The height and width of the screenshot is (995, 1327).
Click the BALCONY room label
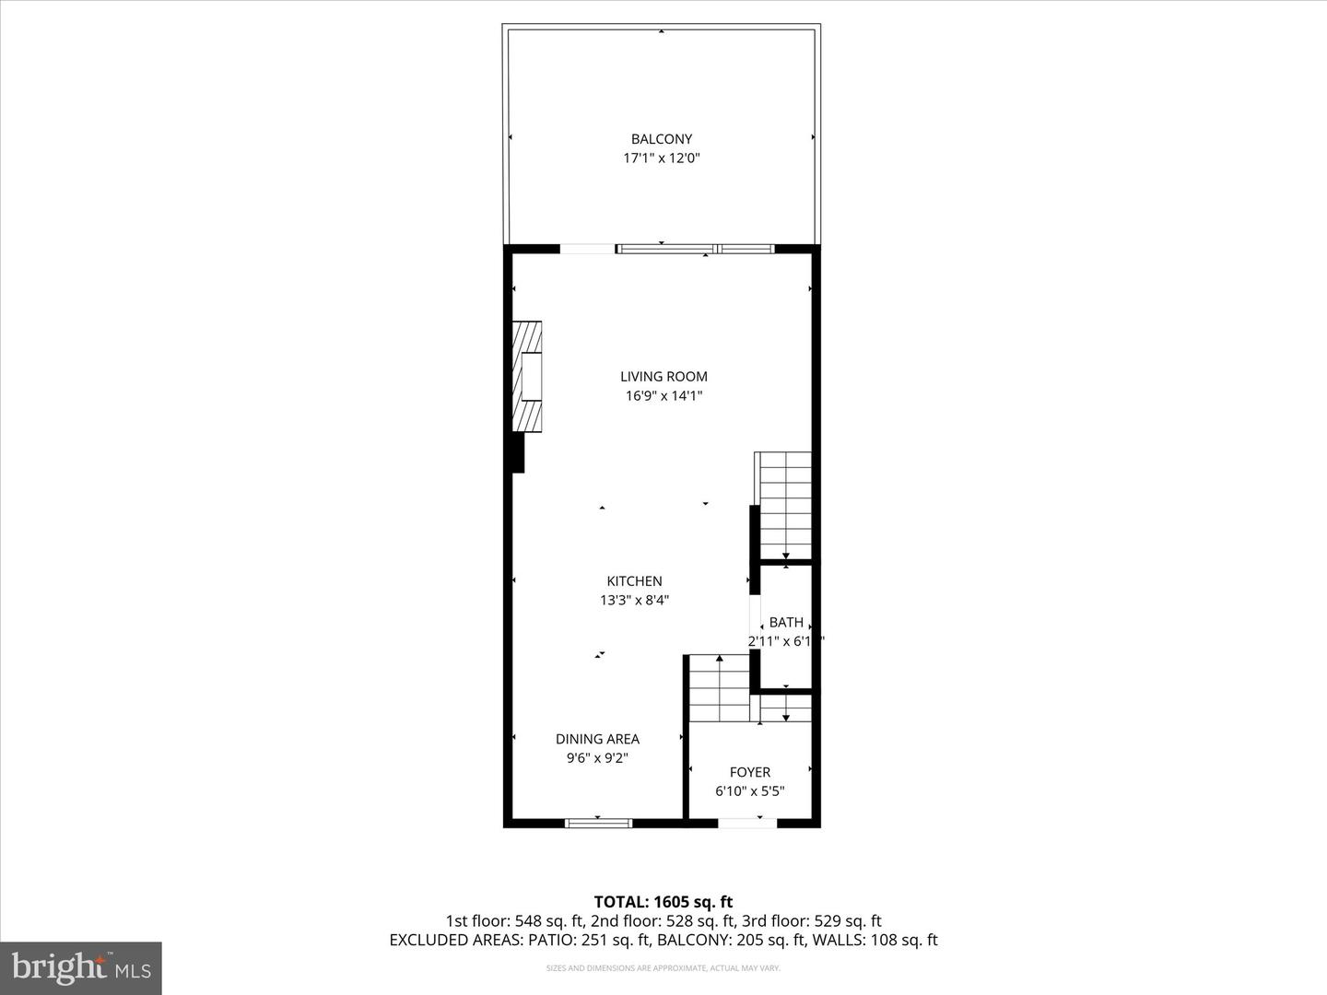pos(661,139)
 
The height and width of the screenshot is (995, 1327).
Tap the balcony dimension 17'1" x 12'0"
pos(661,158)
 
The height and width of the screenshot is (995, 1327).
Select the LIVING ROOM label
pos(663,376)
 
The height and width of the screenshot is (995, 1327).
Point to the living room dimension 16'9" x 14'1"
pos(663,396)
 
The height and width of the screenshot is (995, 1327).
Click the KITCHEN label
pos(634,581)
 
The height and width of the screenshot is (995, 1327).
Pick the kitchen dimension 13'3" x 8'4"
pos(634,601)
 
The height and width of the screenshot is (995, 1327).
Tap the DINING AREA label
pos(597,739)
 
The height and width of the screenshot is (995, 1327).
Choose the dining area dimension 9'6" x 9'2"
pos(597,758)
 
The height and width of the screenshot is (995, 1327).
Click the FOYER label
pos(749,772)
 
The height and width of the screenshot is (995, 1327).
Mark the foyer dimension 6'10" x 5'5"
pos(749,791)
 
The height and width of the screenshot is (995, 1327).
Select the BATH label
pos(786,622)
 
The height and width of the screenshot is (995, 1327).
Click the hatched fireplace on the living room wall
pos(527,376)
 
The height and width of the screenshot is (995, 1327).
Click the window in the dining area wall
pos(598,823)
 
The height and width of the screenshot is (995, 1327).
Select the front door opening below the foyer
pos(747,823)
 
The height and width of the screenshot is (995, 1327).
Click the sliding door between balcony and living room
pos(696,249)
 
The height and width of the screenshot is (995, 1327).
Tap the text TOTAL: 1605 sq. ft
pos(663,902)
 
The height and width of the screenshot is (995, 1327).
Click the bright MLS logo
pos(81,967)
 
